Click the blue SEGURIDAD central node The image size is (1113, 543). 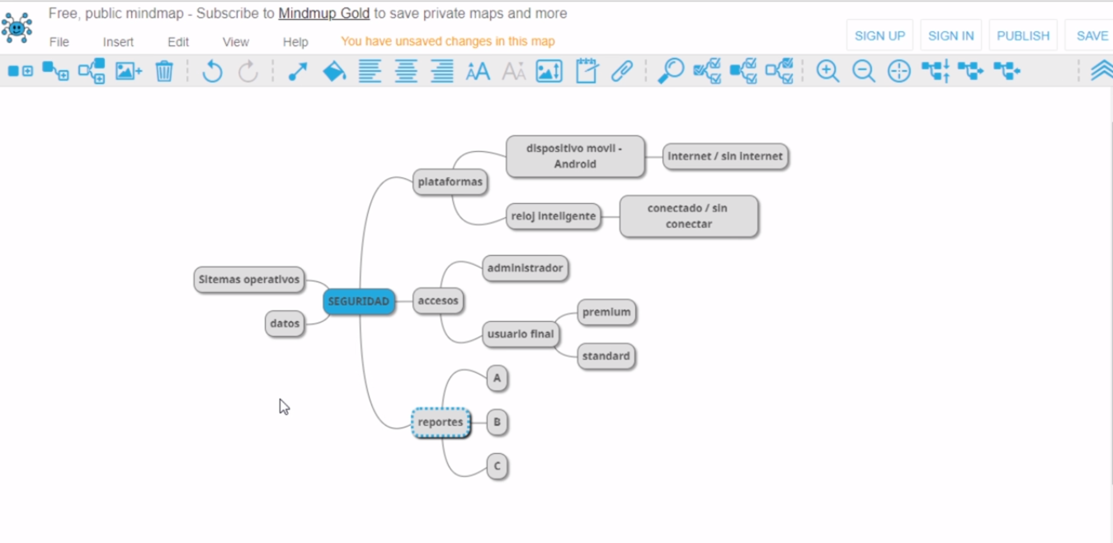359,301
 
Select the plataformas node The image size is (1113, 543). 450,182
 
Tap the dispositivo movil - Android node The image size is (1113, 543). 574,156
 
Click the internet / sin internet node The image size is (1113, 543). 725,156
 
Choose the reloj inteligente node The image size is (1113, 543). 553,216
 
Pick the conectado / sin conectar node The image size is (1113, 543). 688,216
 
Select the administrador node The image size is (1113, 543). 525,268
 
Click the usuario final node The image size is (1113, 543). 521,334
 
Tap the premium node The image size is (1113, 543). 606,312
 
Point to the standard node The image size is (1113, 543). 606,356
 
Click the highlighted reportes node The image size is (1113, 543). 441,423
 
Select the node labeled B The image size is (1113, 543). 497,423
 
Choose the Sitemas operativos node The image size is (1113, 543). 249,280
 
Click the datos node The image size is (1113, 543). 285,323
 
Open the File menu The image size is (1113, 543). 59,42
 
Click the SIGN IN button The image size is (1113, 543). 950,35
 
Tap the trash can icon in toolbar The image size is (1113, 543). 164,72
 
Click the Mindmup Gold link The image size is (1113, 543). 323,13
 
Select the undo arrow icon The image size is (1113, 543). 212,72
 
